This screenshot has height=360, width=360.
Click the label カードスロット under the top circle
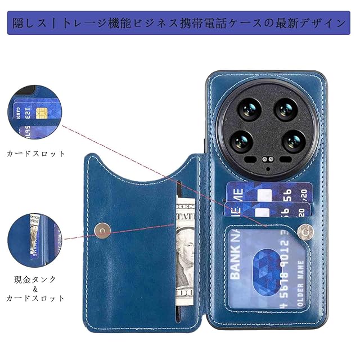tap(35, 153)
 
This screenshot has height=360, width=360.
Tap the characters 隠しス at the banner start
tap(30, 24)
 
